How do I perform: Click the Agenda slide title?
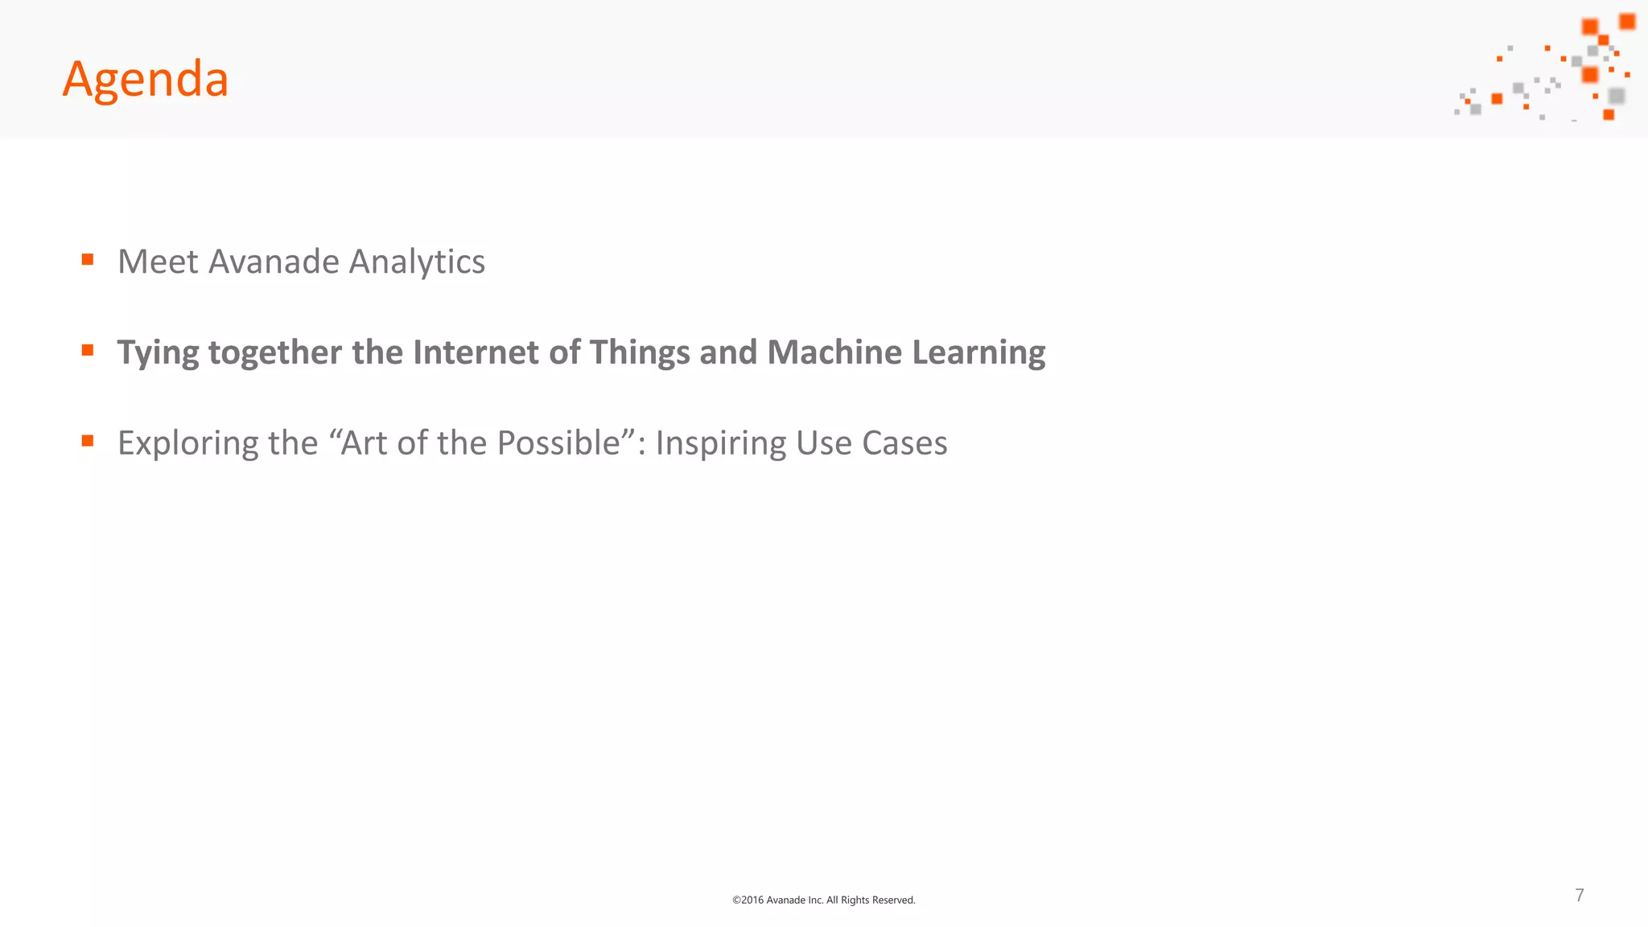tap(146, 80)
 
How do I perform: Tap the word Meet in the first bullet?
tap(158, 262)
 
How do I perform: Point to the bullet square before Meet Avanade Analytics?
tap(88, 259)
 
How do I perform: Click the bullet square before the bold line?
tap(88, 350)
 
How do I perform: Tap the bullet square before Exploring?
tap(88, 440)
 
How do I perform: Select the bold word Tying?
tap(158, 353)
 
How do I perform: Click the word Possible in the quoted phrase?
tap(558, 443)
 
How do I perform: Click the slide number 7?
tap(1580, 895)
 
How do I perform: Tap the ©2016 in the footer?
tap(748, 900)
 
